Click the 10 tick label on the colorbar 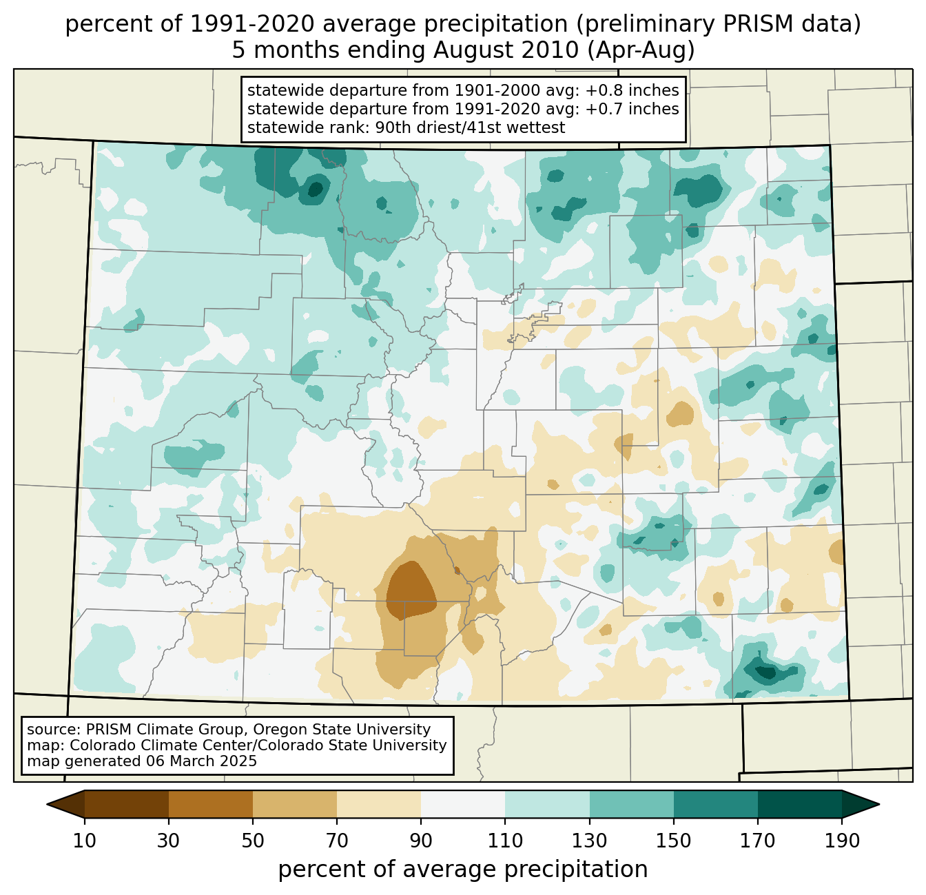click(85, 841)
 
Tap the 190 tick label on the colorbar click(841, 841)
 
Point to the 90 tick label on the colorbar click(421, 841)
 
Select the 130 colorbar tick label click(590, 841)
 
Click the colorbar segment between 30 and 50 click(211, 804)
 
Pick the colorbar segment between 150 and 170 click(715, 804)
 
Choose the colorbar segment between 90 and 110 click(463, 804)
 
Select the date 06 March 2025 click(201, 761)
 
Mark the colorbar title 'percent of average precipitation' click(463, 870)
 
